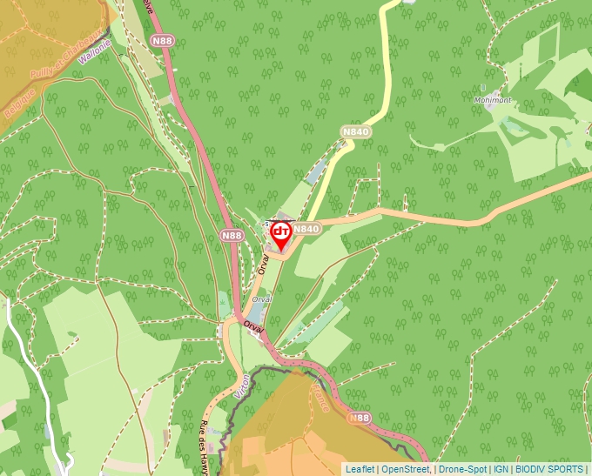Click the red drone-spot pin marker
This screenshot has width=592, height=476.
point(281,233)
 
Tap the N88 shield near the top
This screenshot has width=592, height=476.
point(161,41)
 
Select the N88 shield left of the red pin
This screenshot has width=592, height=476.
point(232,235)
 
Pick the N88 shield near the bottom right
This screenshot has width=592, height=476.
point(360,419)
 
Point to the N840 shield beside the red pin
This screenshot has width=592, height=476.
point(306,229)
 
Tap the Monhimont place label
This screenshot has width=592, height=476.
point(493,100)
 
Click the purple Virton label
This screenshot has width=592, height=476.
point(241,386)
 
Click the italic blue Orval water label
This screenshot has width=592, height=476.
point(260,298)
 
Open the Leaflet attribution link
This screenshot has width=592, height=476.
point(360,469)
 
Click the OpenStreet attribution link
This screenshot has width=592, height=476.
point(406,469)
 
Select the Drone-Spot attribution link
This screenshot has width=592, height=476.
point(463,469)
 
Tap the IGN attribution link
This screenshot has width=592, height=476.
point(501,469)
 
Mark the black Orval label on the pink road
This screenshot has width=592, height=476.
point(253,328)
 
